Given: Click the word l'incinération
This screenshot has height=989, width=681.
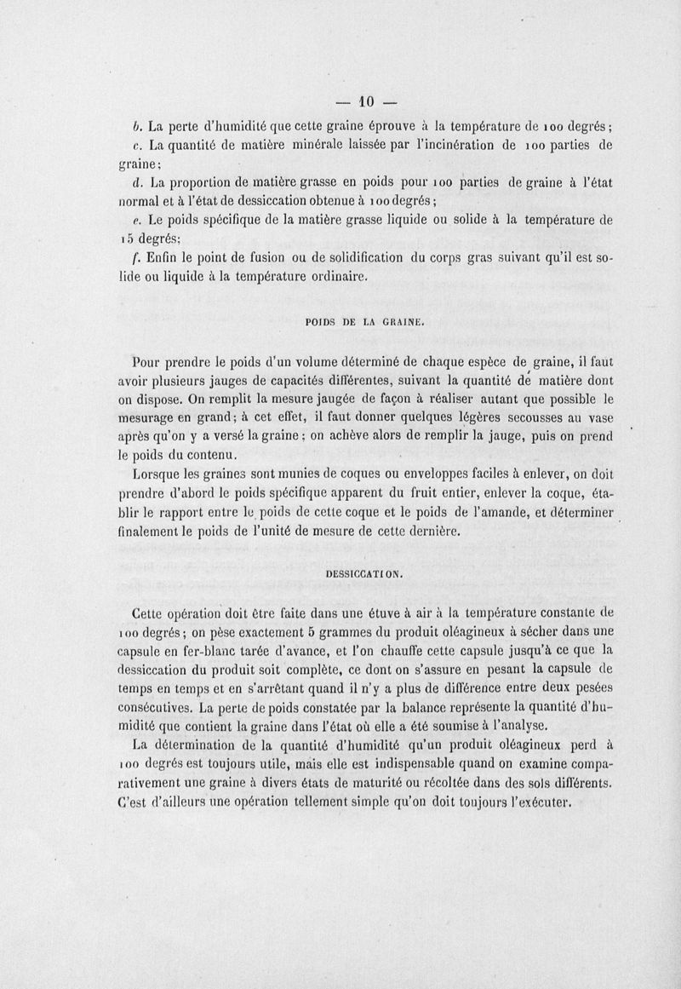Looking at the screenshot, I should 451,145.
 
